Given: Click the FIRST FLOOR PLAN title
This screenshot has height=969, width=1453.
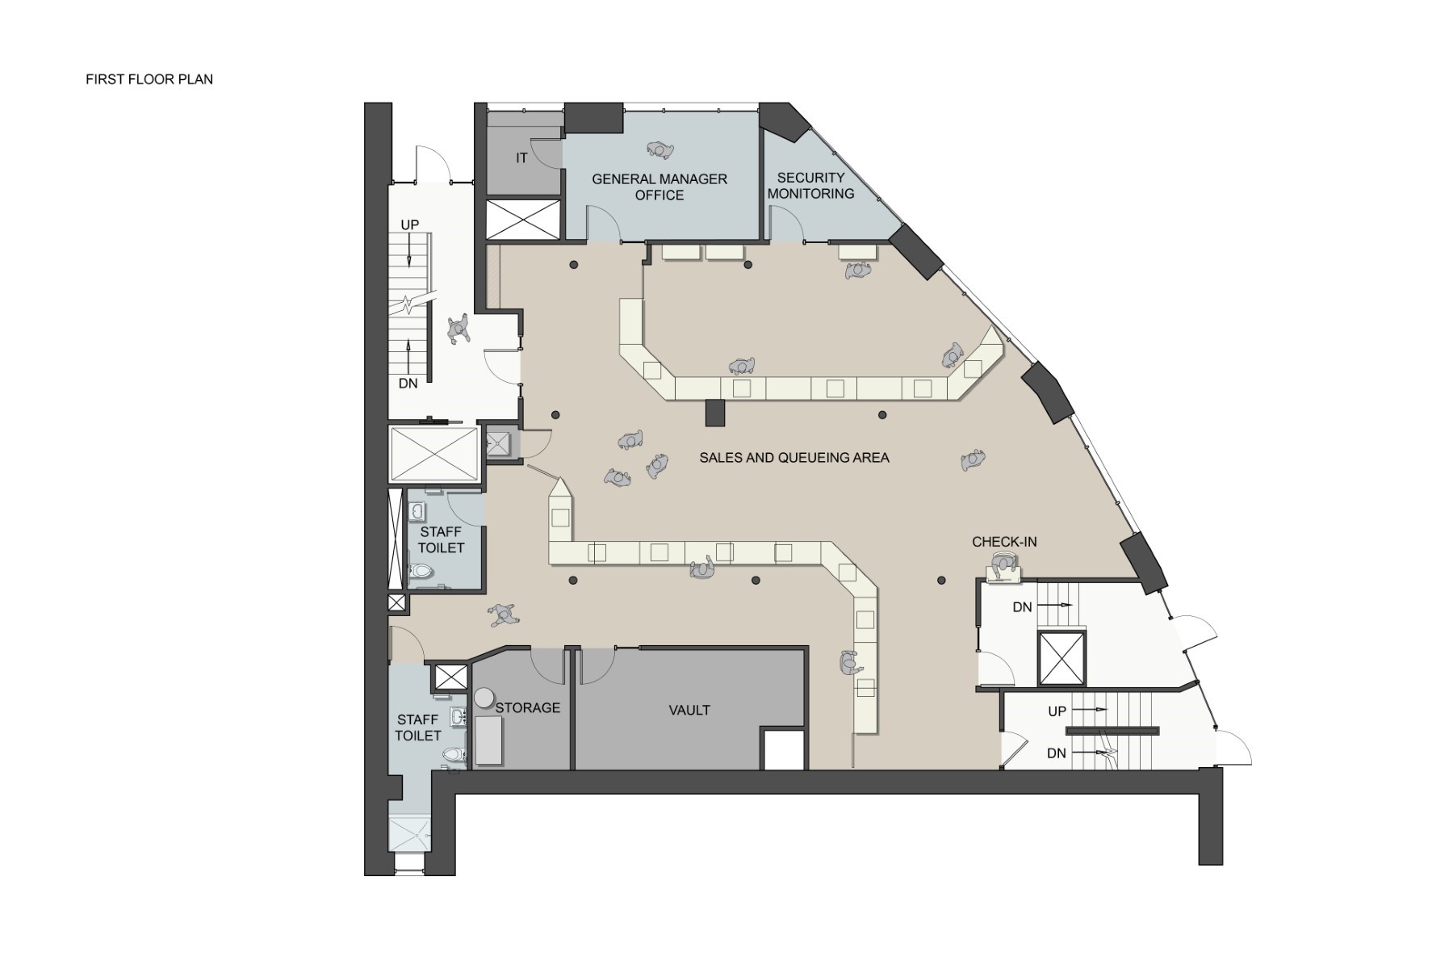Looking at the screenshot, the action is pos(149,79).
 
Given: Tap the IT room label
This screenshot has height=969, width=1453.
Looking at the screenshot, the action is pos(521,158).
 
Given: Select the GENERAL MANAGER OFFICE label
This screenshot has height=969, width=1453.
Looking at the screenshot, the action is pos(660,187).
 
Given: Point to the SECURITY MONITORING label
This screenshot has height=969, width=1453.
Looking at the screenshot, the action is pos(810,186).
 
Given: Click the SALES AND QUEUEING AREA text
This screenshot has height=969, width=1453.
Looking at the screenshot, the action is pos(794,458).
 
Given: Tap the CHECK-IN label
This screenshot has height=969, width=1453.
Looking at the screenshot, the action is pos(1004,542).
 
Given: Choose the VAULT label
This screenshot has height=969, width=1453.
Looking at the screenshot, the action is pos(689,711).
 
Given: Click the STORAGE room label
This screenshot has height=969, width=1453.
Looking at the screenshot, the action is pos(528,708).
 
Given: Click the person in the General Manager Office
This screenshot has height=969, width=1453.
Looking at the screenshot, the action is pos(661,150).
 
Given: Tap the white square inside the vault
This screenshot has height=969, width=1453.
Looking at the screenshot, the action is pos(783,749).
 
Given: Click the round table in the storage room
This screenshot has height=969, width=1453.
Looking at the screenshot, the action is pos(484,697).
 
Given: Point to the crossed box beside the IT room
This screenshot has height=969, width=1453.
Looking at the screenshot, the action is pos(523,220).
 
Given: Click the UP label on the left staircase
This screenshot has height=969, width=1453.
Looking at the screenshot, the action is pos(410,224).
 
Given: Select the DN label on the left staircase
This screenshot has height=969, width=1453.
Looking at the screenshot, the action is pos(408,384).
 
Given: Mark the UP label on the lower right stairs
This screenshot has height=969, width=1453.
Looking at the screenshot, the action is pos(1057,711).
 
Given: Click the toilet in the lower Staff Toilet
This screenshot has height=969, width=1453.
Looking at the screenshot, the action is pos(454,755).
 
